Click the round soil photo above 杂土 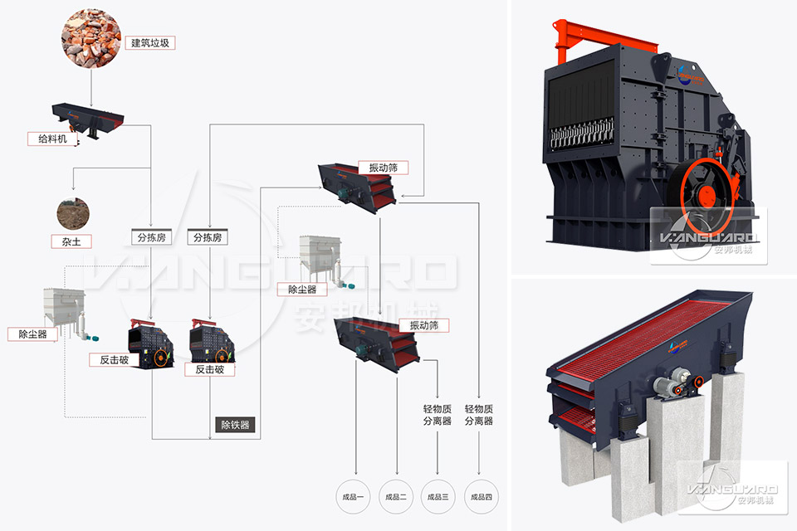click(71, 214)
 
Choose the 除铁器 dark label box click(234, 425)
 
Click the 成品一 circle click(352, 497)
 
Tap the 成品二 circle click(396, 497)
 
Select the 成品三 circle click(438, 497)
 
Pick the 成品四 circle click(482, 497)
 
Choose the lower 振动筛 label click(423, 324)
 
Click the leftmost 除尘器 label click(32, 334)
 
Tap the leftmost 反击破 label click(115, 359)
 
